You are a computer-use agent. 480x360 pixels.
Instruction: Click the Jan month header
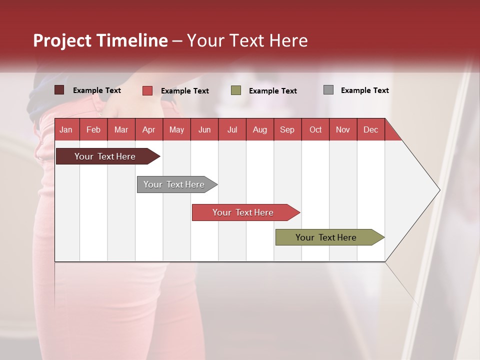tap(66, 129)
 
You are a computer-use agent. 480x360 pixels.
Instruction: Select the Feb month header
tap(93, 129)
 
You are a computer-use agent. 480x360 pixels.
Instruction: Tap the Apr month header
tap(148, 129)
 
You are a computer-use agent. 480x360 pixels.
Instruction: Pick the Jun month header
tap(204, 129)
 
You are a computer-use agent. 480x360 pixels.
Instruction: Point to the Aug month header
tap(259, 129)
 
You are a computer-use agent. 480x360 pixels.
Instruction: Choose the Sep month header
tap(287, 129)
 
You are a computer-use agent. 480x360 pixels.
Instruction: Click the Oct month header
tap(315, 129)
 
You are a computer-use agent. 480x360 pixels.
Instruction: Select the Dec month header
tap(370, 129)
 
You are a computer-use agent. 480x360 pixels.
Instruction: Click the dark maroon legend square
tap(59, 90)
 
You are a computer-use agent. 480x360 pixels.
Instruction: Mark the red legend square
tap(147, 90)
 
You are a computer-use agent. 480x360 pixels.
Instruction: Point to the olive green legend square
tap(236, 90)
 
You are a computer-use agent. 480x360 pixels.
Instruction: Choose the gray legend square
tap(328, 90)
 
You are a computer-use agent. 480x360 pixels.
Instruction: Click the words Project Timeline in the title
tap(100, 40)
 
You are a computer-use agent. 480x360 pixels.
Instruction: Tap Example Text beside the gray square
tap(364, 90)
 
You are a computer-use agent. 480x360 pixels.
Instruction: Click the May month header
tap(176, 129)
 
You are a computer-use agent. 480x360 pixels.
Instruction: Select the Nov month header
tap(342, 129)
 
